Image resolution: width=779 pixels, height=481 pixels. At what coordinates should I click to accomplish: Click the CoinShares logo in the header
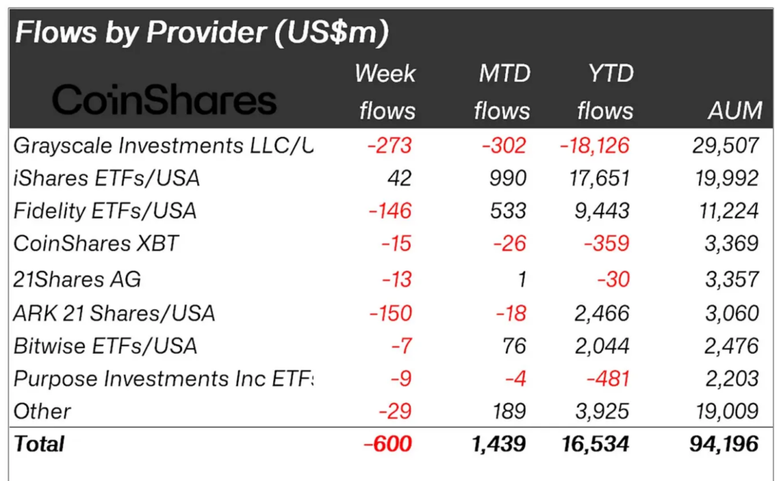[x=164, y=100]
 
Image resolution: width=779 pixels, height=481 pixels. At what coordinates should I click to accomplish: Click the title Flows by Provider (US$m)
[x=202, y=32]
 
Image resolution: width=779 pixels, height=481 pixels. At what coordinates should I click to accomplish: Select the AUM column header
[x=733, y=111]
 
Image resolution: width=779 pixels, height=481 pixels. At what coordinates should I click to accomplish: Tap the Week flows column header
[x=386, y=92]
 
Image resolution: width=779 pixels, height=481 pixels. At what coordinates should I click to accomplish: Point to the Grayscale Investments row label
[x=164, y=145]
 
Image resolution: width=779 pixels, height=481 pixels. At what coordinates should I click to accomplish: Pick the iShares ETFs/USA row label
[x=107, y=178]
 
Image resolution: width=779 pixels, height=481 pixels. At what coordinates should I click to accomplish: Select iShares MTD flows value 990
[x=507, y=178]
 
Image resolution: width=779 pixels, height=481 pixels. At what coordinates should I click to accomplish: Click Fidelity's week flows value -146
[x=389, y=211]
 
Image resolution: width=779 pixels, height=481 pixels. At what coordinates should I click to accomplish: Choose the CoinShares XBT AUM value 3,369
[x=732, y=244]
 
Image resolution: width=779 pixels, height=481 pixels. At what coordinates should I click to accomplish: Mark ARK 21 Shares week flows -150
[x=389, y=313]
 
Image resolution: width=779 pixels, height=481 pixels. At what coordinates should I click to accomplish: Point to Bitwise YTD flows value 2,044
[x=603, y=346]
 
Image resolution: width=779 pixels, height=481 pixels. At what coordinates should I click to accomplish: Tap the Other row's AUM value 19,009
[x=727, y=412]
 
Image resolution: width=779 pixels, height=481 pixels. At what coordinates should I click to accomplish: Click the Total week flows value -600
[x=388, y=444]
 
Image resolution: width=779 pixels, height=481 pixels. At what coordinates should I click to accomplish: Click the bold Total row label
[x=40, y=444]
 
